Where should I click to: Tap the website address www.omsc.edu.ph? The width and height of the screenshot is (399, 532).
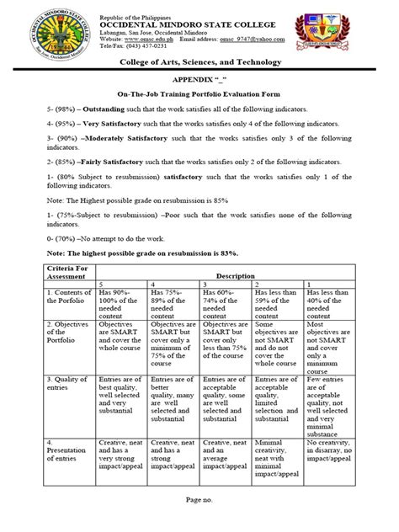click(152, 39)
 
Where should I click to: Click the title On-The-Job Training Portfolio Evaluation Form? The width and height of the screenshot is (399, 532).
click(199, 94)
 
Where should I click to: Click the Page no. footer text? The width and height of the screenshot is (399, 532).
click(199, 502)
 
